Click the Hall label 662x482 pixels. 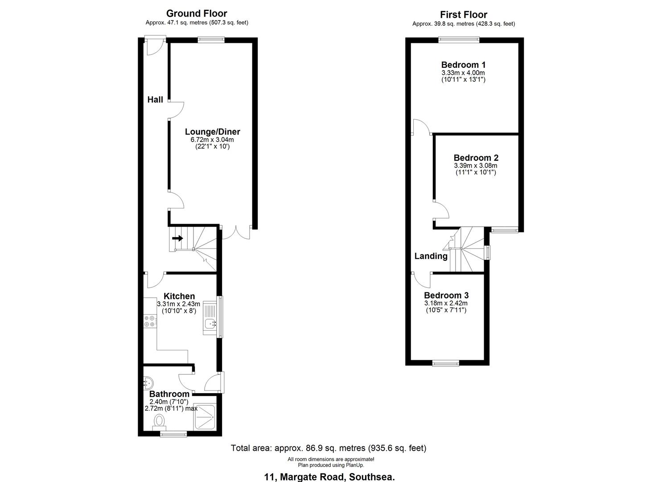[155, 100]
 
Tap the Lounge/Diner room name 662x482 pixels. [212, 132]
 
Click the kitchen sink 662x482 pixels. [209, 323]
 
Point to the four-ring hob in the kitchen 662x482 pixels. [150, 321]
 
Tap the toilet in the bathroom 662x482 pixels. [158, 421]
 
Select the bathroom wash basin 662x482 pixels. [148, 382]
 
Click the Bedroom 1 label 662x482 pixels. [463, 65]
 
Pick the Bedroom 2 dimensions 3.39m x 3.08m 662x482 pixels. [476, 166]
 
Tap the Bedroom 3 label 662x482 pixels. [446, 295]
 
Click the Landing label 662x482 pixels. [431, 256]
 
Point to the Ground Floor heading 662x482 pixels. [197, 14]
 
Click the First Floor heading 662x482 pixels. [464, 15]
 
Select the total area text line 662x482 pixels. [329, 448]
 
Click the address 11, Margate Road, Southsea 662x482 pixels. [329, 477]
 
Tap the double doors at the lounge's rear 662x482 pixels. [236, 233]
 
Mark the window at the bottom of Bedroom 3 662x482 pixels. [446, 363]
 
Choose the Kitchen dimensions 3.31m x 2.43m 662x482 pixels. [178, 304]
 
